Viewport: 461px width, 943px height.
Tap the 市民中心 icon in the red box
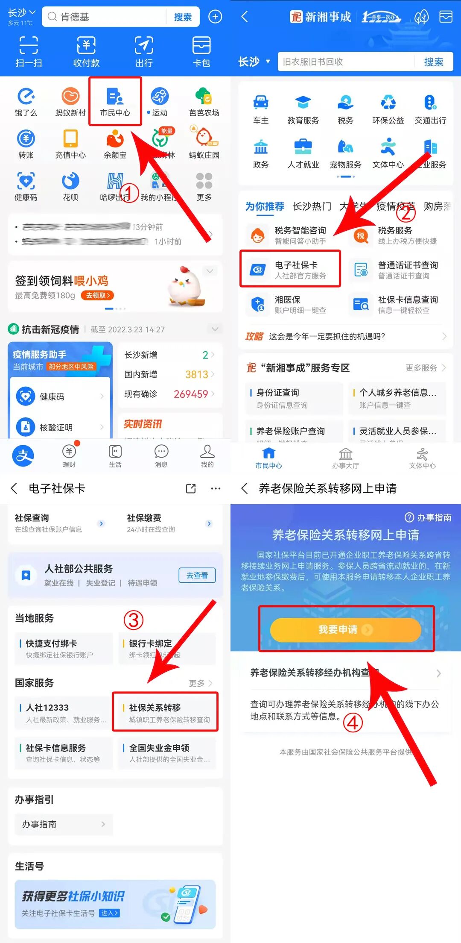coord(115,101)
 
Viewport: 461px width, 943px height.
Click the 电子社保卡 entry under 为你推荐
coord(290,270)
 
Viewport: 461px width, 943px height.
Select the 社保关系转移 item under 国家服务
coord(165,712)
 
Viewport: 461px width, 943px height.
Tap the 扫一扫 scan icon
coord(29,51)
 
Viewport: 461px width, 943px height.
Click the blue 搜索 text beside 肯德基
coord(183,17)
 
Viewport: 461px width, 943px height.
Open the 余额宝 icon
coord(115,144)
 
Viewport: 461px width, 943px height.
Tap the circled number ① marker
coord(129,194)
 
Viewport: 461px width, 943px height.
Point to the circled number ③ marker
coord(133,620)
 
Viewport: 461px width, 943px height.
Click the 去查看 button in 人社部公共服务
coord(197,575)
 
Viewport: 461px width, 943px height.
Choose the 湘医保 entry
coord(287,304)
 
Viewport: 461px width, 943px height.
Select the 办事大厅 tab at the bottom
coord(345,458)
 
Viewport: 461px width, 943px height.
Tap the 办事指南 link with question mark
coord(428,517)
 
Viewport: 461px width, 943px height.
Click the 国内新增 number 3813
coord(197,375)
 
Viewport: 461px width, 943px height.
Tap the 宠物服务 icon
coord(345,153)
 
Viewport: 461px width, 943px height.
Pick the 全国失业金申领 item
coord(167,753)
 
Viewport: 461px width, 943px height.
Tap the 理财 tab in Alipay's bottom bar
coord(69,456)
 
